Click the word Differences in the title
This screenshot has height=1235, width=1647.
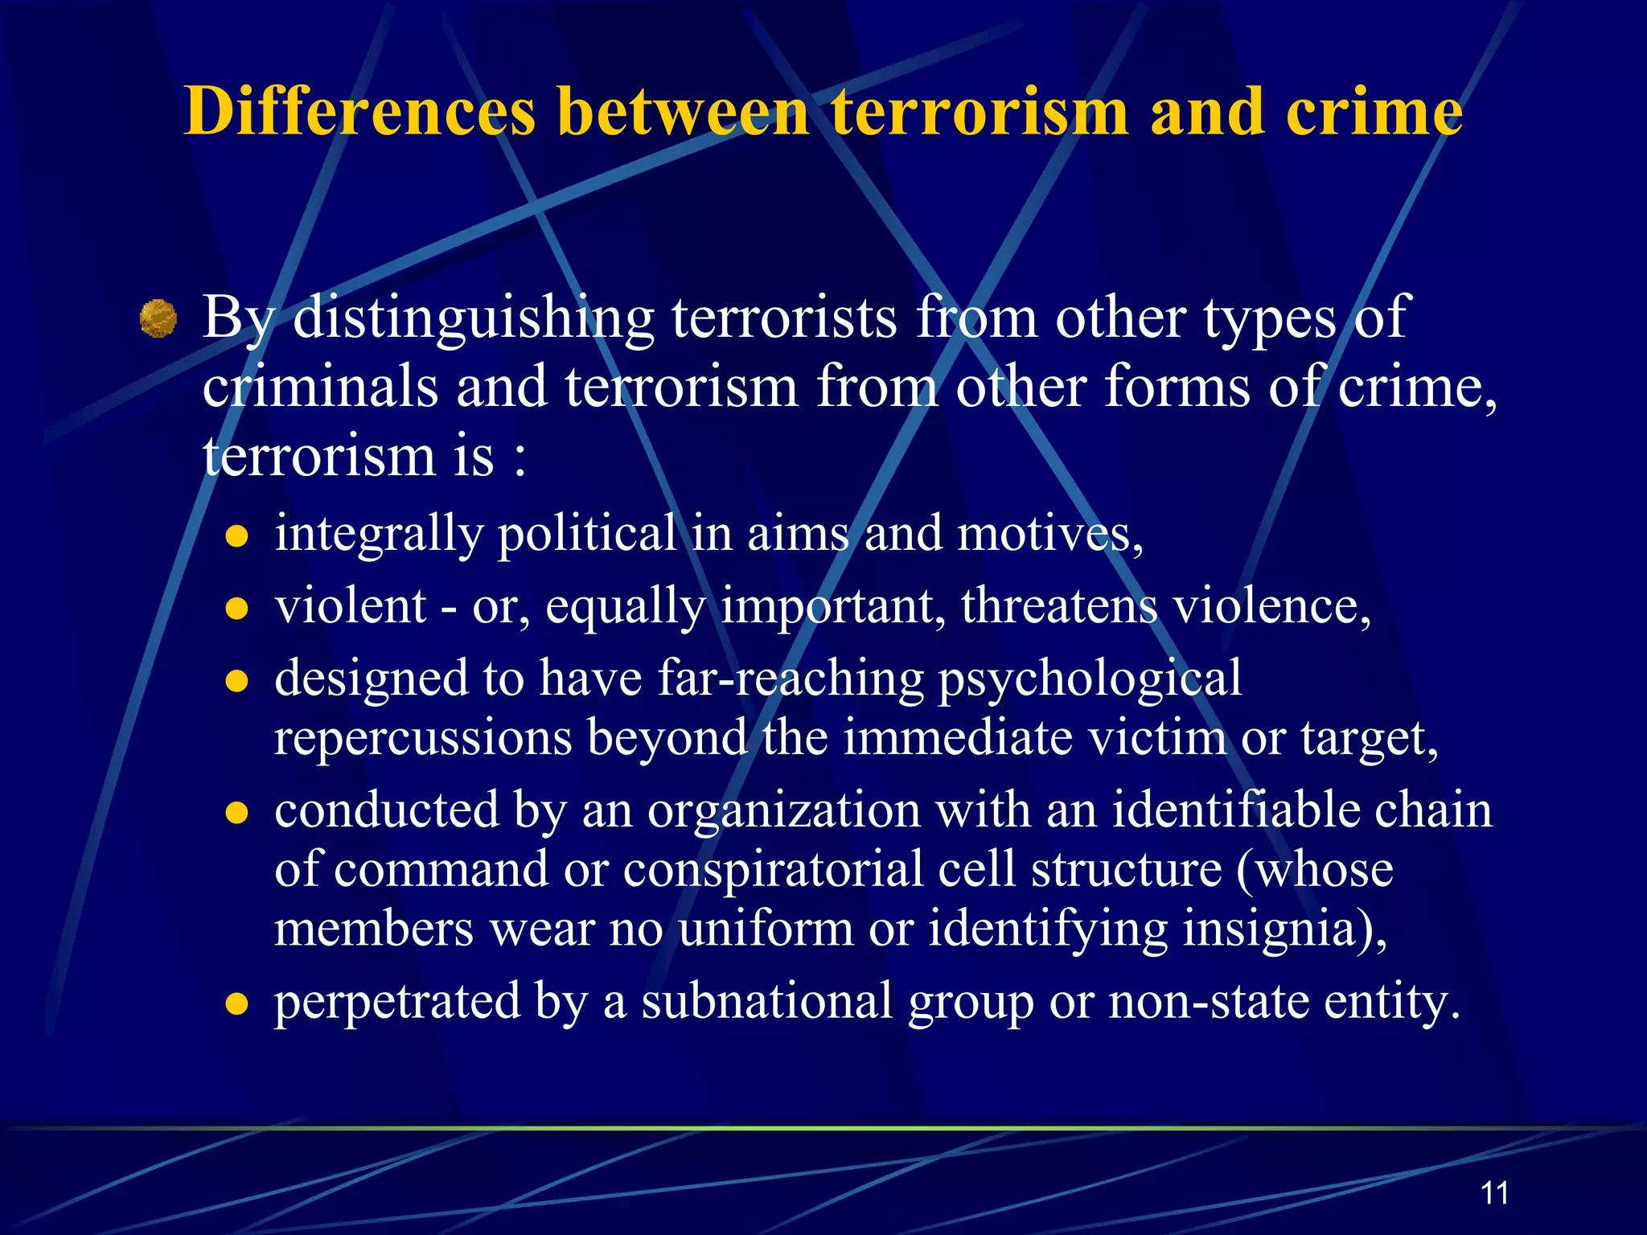(359, 112)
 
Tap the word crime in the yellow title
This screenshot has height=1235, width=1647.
(1374, 112)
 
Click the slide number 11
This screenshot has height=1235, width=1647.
(1494, 1193)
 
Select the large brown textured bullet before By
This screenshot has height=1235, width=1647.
(158, 318)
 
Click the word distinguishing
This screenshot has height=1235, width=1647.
(474, 318)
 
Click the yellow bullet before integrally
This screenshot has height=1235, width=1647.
(236, 536)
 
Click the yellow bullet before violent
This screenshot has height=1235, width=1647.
(236, 609)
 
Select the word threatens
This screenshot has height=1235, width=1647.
(1058, 605)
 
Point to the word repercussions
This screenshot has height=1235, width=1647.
(423, 737)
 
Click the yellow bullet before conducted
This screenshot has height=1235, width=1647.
(236, 813)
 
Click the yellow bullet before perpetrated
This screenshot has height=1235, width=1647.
(236, 1004)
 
